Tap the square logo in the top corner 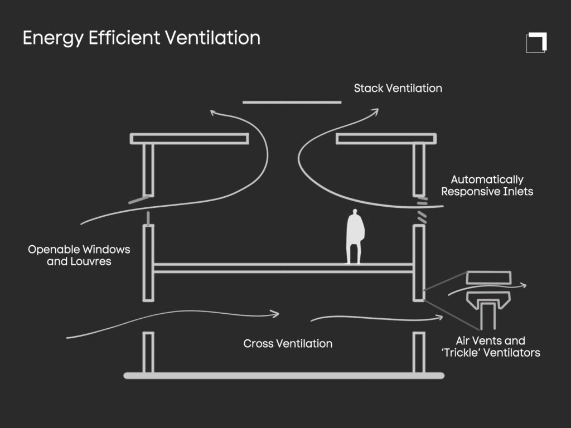click(x=536, y=43)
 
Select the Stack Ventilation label click(x=398, y=88)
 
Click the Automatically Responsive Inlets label click(x=487, y=186)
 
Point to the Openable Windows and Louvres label click(x=79, y=255)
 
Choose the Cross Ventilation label click(x=288, y=343)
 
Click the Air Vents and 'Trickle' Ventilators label click(x=497, y=347)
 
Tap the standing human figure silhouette click(x=355, y=236)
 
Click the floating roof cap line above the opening click(x=292, y=103)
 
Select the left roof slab click(x=189, y=139)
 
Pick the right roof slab click(x=386, y=139)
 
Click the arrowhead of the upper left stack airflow click(x=213, y=113)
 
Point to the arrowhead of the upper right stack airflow click(x=375, y=111)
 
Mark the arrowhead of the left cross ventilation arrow click(x=275, y=314)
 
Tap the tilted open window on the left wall click(x=139, y=199)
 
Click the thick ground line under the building click(x=284, y=376)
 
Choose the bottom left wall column click(x=148, y=352)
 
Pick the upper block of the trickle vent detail click(x=489, y=277)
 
